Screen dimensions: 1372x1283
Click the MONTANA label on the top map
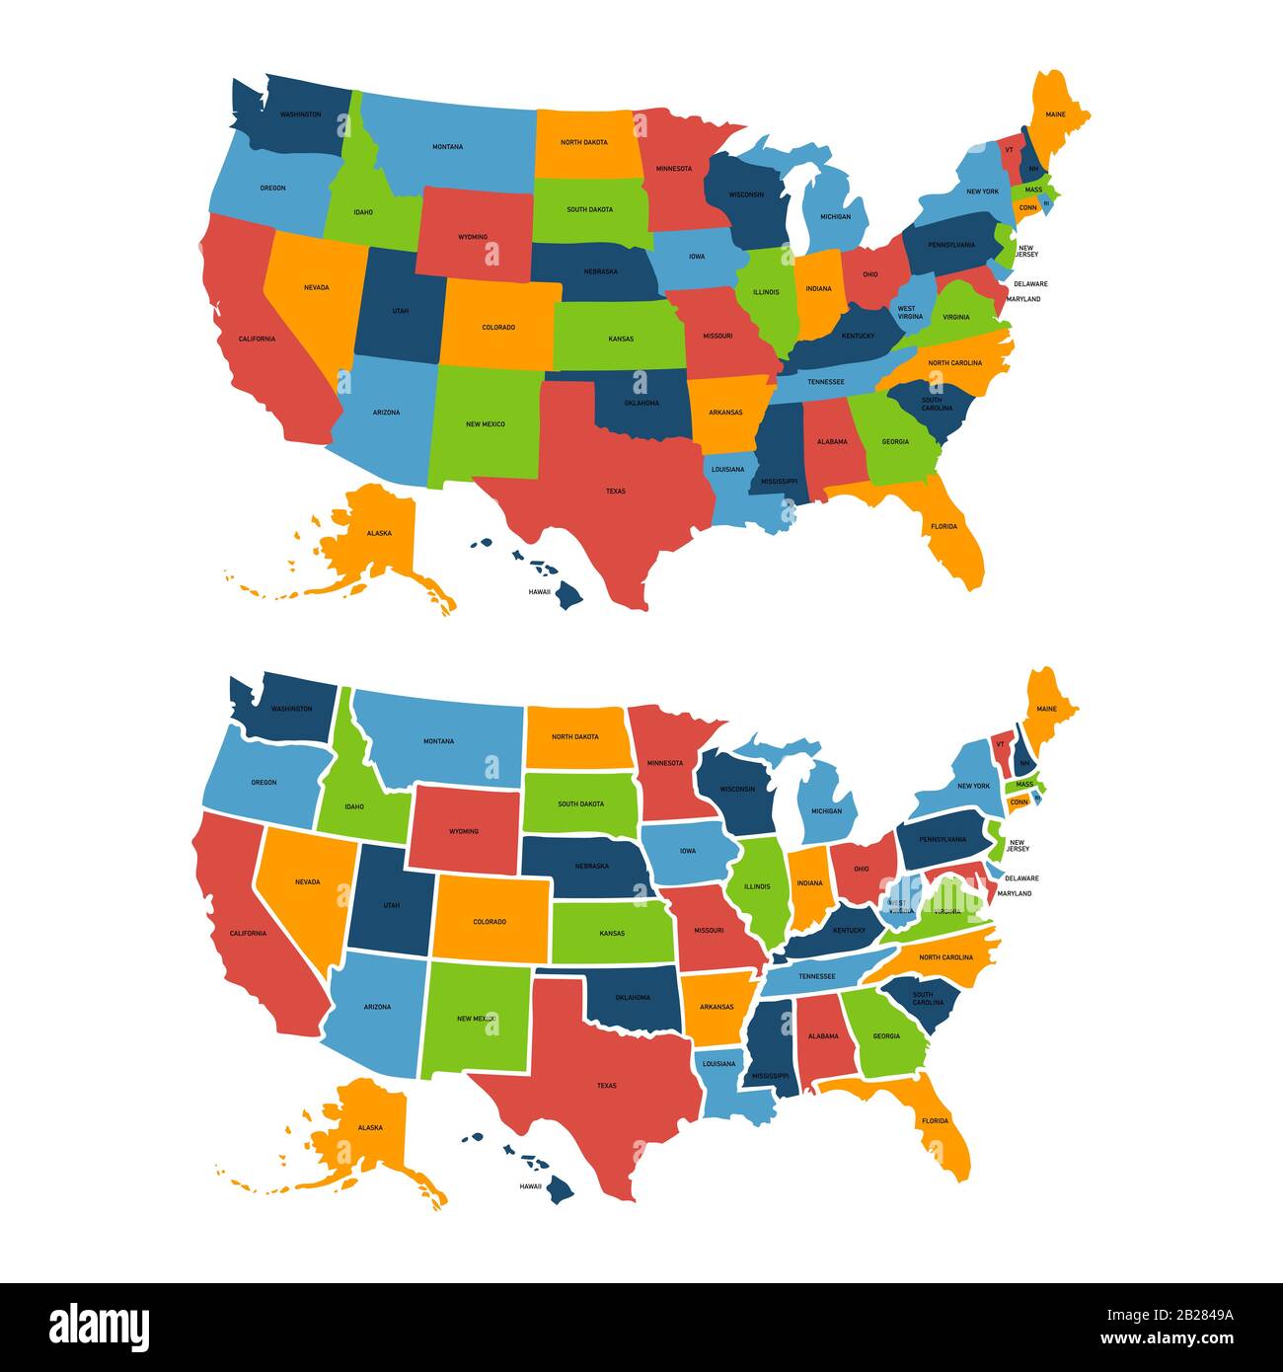click(447, 147)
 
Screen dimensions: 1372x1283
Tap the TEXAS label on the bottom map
click(606, 1086)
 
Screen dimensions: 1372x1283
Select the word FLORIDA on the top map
click(943, 526)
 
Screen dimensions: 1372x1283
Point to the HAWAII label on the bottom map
click(531, 1186)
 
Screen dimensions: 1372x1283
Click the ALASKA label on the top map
click(379, 533)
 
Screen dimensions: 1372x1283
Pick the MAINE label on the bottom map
click(1046, 709)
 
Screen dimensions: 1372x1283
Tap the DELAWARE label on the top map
click(1030, 284)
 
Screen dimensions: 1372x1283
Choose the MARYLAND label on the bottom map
click(1014, 893)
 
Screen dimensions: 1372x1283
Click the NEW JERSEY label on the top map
click(1026, 252)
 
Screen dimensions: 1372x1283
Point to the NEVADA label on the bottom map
click(307, 881)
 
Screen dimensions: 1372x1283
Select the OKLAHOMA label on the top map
click(641, 404)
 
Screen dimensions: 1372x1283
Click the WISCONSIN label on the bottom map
click(737, 789)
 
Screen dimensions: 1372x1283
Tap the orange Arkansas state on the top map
click(725, 409)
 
